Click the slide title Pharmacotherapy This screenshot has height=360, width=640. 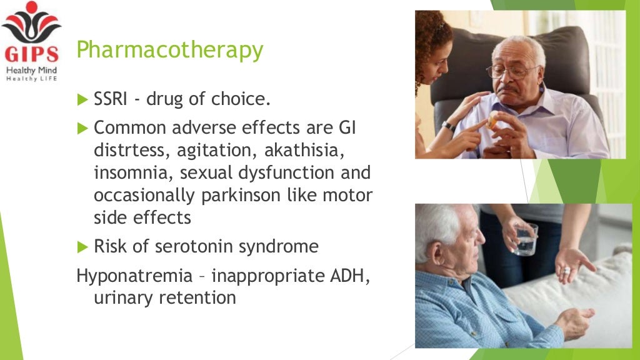[x=169, y=51]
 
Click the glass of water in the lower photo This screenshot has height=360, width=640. [x=526, y=239]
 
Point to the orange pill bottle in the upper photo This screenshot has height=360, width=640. [x=494, y=121]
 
